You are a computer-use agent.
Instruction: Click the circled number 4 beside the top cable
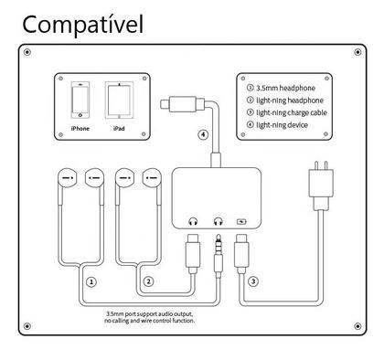(x=202, y=137)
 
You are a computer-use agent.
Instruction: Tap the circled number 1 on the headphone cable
(x=90, y=283)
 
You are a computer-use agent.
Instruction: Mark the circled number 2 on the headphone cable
(x=148, y=283)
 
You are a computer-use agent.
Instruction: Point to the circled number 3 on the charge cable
(x=252, y=283)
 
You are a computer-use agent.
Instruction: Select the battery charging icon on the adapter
(x=241, y=221)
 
